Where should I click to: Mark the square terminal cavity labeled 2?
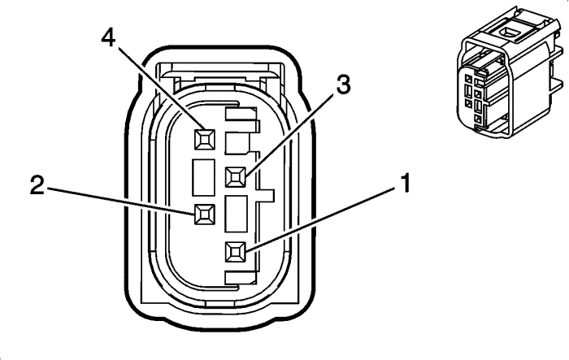tap(203, 214)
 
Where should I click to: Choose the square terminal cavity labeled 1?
tap(236, 252)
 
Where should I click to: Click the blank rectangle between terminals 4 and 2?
tap(203, 177)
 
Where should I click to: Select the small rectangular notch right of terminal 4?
tap(237, 143)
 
